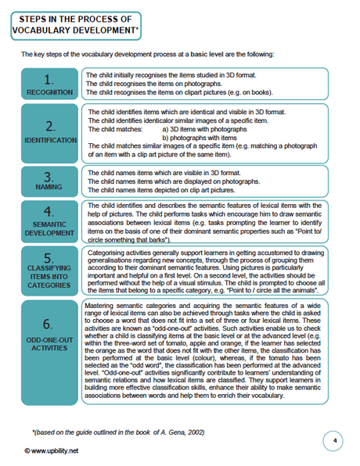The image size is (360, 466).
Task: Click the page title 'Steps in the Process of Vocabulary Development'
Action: tap(72, 24)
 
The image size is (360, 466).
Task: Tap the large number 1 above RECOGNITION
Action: tap(49, 79)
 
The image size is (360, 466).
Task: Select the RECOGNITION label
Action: tap(49, 92)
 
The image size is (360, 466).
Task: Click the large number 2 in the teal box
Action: tap(49, 127)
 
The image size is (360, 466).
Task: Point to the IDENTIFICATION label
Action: tap(49, 141)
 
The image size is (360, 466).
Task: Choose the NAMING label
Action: tap(49, 188)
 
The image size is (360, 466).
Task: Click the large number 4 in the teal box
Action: tap(49, 212)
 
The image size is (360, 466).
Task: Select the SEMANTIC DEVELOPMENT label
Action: tap(49, 228)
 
